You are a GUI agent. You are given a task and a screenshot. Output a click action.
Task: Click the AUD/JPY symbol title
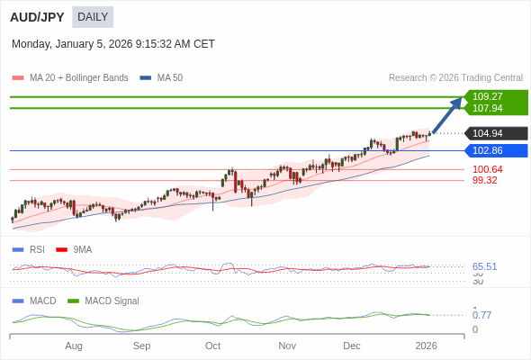point(37,17)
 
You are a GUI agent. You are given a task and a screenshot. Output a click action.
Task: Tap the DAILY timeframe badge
point(93,17)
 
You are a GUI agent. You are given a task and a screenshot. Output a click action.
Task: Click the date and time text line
point(113,43)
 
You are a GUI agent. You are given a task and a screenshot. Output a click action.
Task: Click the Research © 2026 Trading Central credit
point(455,78)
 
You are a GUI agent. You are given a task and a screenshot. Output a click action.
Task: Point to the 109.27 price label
point(488,96)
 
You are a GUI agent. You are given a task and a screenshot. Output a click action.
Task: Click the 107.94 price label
point(488,108)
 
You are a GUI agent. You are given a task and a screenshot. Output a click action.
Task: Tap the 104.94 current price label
point(488,133)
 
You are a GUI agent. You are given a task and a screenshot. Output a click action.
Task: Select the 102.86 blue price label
point(488,150)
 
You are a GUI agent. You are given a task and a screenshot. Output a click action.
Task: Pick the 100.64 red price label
point(487,169)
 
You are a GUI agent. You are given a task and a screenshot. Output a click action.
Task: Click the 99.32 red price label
point(484,180)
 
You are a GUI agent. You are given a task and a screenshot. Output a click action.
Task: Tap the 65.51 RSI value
point(484,266)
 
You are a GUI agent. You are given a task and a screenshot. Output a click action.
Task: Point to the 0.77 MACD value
point(481,315)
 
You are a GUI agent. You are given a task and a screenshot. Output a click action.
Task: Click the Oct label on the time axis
point(213,346)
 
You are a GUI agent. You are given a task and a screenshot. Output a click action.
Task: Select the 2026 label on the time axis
point(426,346)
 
